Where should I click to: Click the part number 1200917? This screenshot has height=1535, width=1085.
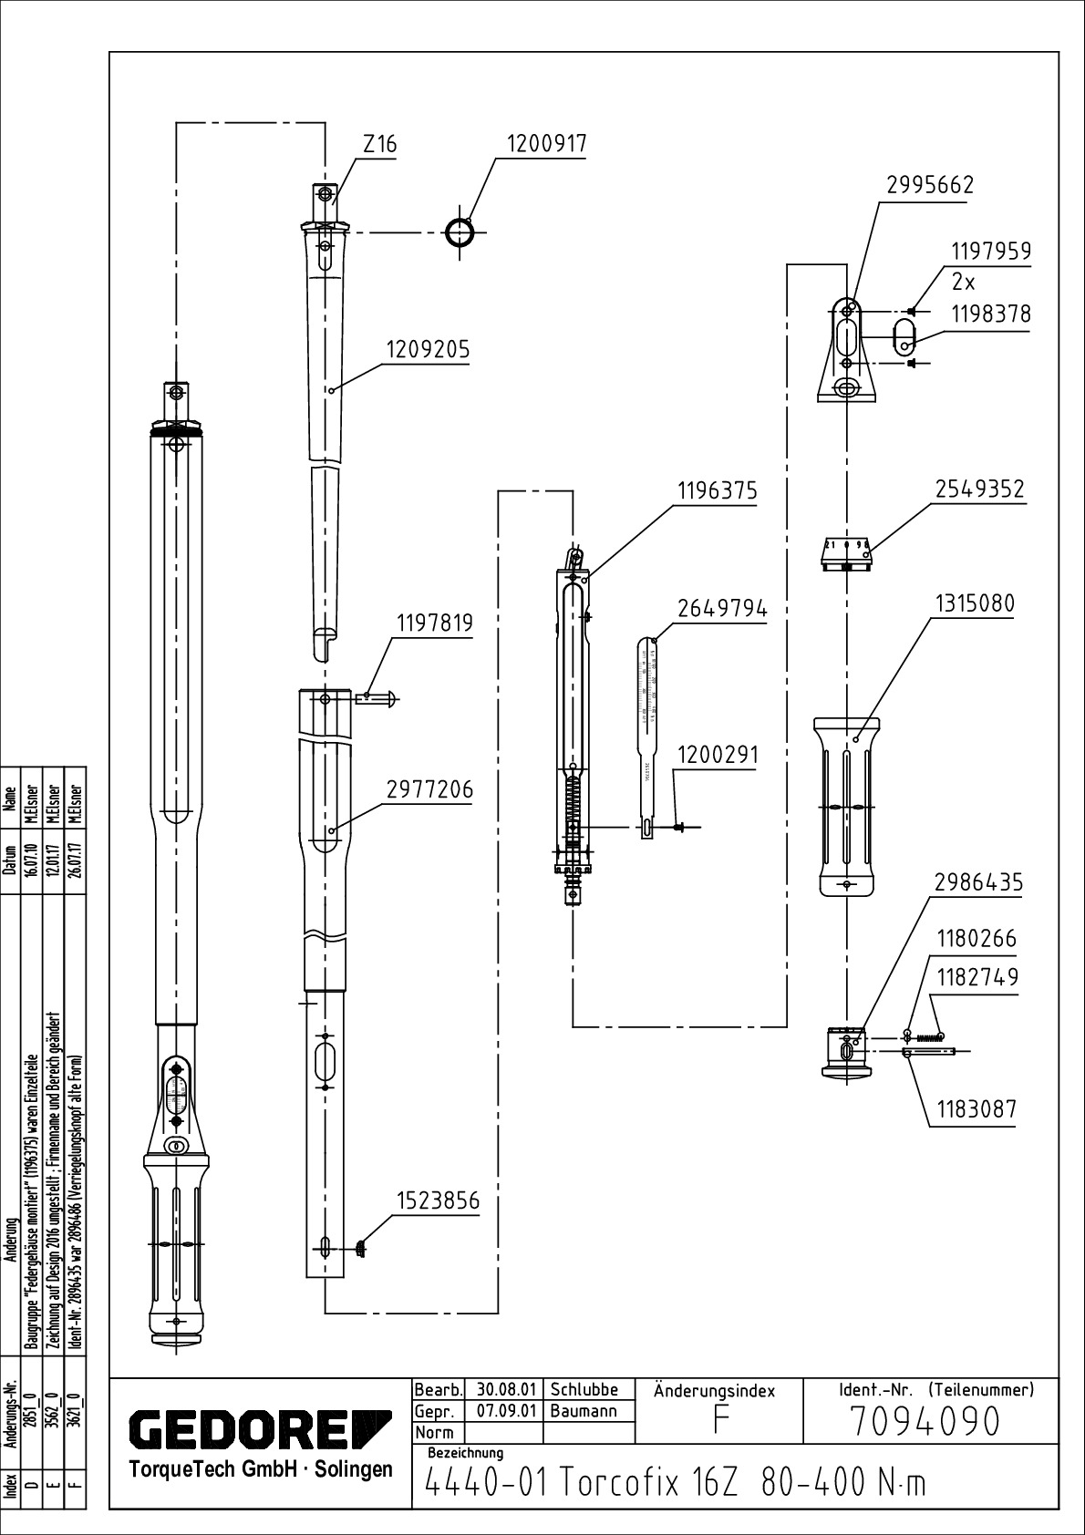coord(546,144)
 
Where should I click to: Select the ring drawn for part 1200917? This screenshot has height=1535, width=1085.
coord(460,232)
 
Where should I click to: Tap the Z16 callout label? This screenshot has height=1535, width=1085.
coord(379,145)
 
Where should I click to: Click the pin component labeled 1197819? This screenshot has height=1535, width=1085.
coord(374,698)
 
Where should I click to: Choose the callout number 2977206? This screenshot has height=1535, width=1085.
coord(429,789)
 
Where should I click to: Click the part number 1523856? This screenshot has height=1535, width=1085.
coord(437,1201)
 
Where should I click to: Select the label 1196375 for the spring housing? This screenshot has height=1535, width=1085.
coord(716,491)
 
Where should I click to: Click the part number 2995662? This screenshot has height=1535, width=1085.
coord(930,185)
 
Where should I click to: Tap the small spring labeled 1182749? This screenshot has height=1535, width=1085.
coord(928,1035)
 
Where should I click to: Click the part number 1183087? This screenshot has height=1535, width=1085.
coord(975,1109)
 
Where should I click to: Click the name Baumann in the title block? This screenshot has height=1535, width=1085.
coord(584,1411)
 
